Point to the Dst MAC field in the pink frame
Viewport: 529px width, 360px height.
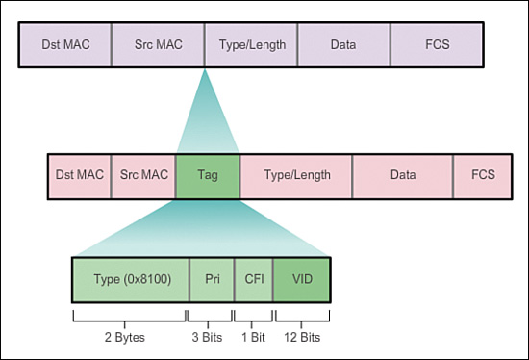pyautogui.click(x=80, y=175)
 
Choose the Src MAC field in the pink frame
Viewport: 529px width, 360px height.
pyautogui.click(x=143, y=175)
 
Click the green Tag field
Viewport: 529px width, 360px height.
pyautogui.click(x=207, y=175)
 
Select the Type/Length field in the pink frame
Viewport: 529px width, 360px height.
pyautogui.click(x=296, y=175)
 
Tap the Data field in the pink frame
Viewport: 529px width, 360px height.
pyautogui.click(x=403, y=175)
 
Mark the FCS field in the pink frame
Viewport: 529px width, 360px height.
pyautogui.click(x=483, y=175)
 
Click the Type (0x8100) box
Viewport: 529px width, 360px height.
pyautogui.click(x=130, y=280)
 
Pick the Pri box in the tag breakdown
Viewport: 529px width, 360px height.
pyautogui.click(x=212, y=280)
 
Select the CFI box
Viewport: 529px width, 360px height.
pyautogui.click(x=254, y=280)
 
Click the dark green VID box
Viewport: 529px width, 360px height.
pyautogui.click(x=302, y=280)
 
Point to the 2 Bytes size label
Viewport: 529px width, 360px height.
pyautogui.click(x=130, y=337)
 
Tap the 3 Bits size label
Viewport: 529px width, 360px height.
pyautogui.click(x=211, y=337)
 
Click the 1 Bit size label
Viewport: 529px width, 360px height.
pyautogui.click(x=254, y=337)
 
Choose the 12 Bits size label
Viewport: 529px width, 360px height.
pyautogui.click(x=302, y=337)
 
